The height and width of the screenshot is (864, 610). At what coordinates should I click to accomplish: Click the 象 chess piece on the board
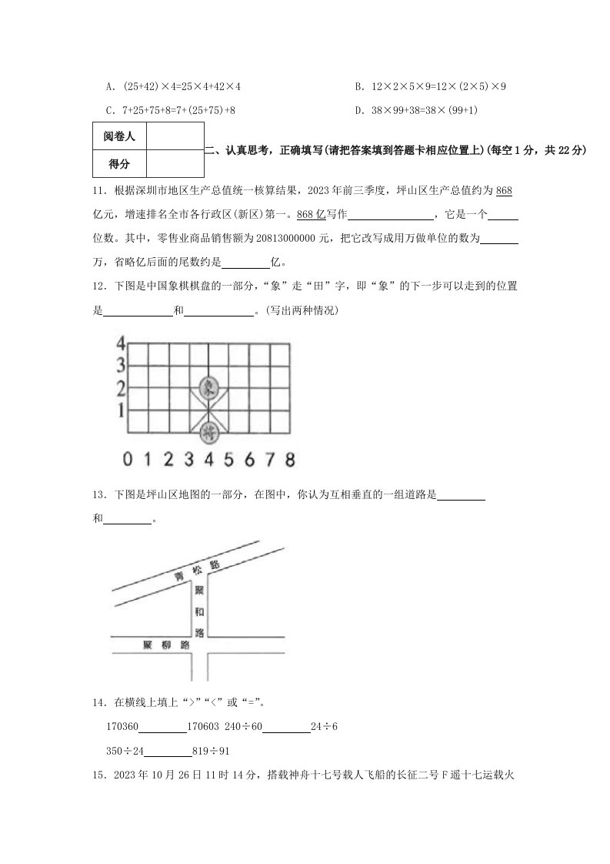(208, 387)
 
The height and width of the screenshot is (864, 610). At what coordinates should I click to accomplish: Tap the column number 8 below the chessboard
(289, 460)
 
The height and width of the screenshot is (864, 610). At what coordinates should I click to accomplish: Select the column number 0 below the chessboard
(128, 460)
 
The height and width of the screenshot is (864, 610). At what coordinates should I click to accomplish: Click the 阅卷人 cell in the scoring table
(119, 137)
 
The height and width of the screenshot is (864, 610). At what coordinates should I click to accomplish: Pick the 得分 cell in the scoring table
(119, 164)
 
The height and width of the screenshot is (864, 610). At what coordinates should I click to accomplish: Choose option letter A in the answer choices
(111, 87)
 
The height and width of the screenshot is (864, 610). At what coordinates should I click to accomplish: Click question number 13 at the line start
(98, 496)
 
